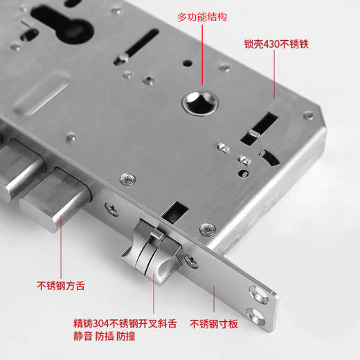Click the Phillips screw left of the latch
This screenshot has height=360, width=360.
click(x=111, y=206)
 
